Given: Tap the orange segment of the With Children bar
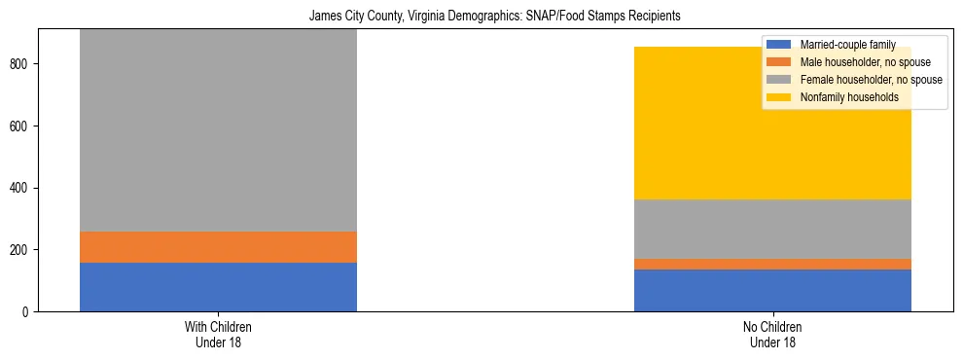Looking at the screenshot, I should coord(218,247).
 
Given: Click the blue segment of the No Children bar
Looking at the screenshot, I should coord(772,290).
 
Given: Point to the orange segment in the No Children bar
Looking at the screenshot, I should coord(772,264).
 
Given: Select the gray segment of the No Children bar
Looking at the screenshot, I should coord(772,229).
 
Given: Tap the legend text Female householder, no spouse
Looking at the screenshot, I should coord(871,80).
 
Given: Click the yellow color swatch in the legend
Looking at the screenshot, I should coord(780,97).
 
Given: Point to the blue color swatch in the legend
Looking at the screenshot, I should coord(780,45).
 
